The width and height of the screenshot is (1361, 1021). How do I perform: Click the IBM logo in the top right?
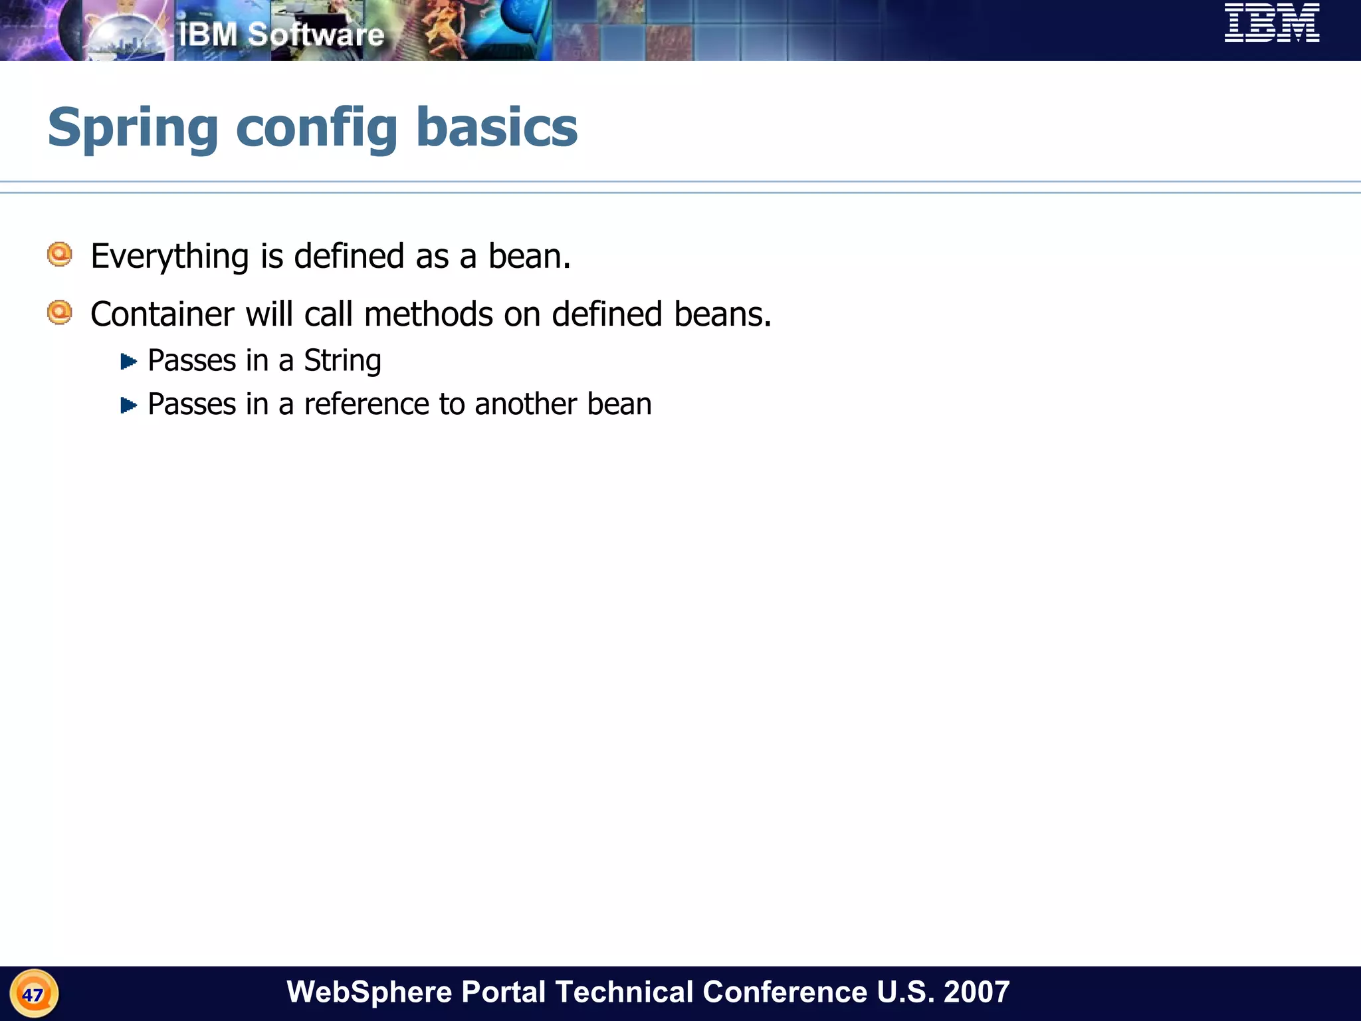[x=1271, y=23]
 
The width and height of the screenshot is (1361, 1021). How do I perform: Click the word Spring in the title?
[x=133, y=128]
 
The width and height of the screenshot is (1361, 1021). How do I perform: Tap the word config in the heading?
[x=316, y=128]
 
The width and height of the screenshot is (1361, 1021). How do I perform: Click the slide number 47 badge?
[x=33, y=994]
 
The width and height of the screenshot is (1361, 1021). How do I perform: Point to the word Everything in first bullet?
[x=169, y=257]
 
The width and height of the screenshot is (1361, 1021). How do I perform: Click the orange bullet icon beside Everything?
[x=60, y=255]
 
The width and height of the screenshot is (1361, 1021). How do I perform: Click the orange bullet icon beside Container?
[x=60, y=312]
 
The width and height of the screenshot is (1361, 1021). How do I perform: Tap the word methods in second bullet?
[x=428, y=314]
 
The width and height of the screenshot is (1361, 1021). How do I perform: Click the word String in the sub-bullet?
[x=342, y=361]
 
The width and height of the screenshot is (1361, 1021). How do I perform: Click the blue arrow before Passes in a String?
[x=128, y=362]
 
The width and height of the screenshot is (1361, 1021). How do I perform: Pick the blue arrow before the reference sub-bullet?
[x=128, y=405]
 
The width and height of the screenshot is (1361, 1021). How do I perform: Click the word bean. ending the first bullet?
[x=529, y=257]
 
